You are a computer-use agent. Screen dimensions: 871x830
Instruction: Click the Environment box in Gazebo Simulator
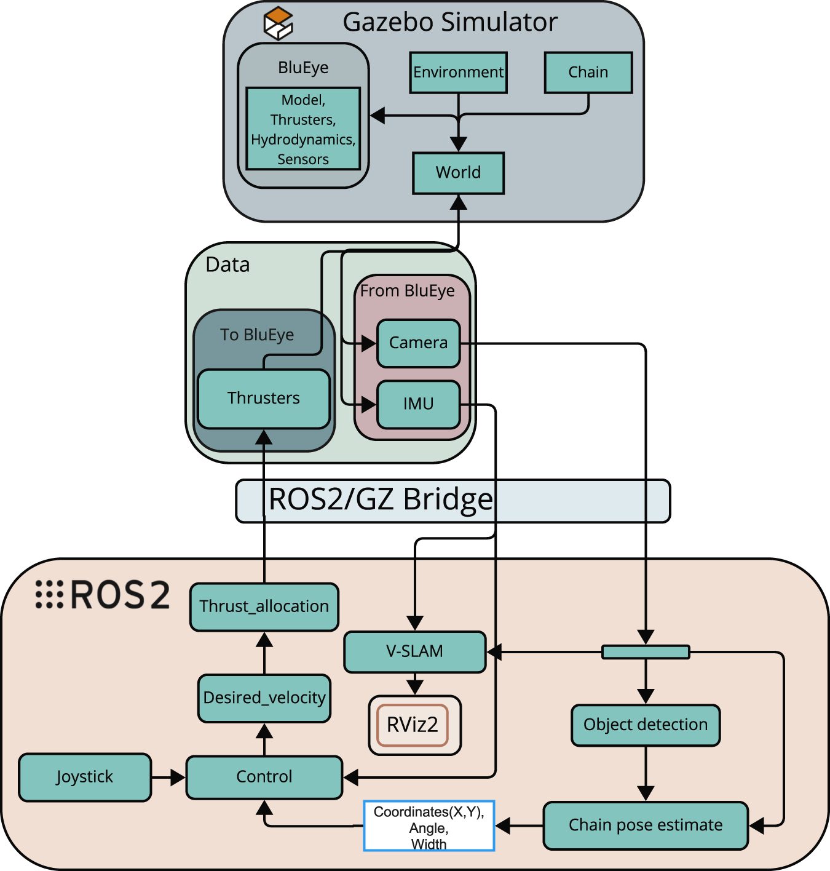[458, 73]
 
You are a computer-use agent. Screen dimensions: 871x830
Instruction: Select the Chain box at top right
[588, 73]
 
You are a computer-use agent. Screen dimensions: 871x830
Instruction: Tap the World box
[458, 173]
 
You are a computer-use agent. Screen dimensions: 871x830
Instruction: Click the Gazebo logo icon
[278, 23]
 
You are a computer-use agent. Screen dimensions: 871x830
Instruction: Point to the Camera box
[418, 343]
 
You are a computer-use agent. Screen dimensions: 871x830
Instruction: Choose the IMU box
[418, 404]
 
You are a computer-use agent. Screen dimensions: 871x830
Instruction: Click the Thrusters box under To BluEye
[264, 399]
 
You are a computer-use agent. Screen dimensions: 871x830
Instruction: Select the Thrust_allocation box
[264, 607]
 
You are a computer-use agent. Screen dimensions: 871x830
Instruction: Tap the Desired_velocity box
[264, 698]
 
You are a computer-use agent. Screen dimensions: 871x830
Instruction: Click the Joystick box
[85, 777]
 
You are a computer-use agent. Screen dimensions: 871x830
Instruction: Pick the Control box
[264, 777]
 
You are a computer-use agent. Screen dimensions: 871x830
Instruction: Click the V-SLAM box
[414, 651]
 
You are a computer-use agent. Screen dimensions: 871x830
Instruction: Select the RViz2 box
[413, 725]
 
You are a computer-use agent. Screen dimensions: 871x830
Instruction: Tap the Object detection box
[645, 725]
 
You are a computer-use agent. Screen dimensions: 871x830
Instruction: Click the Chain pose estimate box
[645, 825]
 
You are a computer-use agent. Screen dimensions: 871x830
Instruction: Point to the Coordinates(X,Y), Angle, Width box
[429, 826]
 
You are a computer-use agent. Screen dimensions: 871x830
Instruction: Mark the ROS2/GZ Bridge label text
[381, 499]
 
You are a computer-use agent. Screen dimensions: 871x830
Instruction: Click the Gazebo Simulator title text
[450, 23]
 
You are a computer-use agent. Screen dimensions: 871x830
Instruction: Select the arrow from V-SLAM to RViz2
[415, 683]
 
